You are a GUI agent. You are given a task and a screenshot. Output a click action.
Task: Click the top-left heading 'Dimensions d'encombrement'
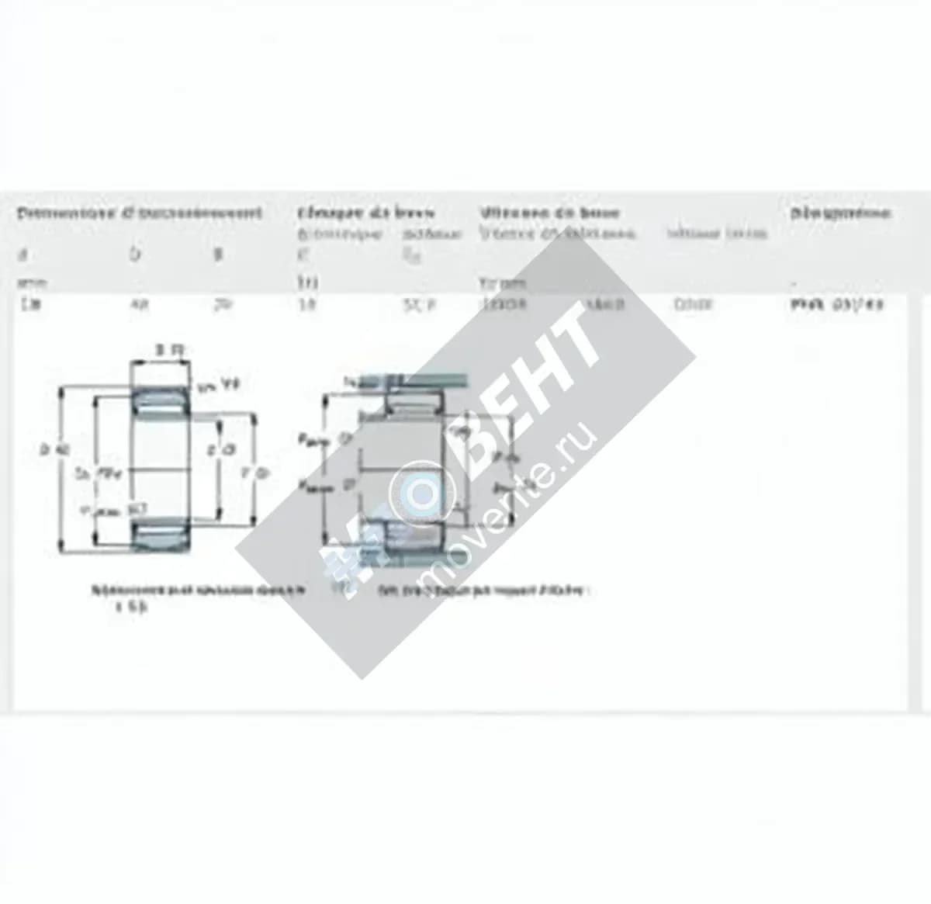pyautogui.click(x=140, y=213)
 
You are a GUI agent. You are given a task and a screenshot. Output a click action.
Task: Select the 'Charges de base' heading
pyautogui.click(x=365, y=213)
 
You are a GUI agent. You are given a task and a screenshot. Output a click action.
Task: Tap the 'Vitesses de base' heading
pyautogui.click(x=549, y=213)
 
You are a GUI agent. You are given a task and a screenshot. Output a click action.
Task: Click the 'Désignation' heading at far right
pyautogui.click(x=840, y=213)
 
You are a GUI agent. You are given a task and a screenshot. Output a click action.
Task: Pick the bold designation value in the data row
pyautogui.click(x=836, y=305)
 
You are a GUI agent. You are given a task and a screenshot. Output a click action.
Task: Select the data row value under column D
pyautogui.click(x=138, y=305)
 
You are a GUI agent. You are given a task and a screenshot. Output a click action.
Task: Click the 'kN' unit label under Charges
pyautogui.click(x=303, y=283)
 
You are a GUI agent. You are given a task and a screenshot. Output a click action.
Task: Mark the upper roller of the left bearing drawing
pyautogui.click(x=161, y=400)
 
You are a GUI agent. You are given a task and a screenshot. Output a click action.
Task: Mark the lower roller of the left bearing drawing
pyautogui.click(x=161, y=535)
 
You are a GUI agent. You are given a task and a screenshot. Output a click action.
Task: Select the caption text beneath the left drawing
pyautogui.click(x=198, y=591)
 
